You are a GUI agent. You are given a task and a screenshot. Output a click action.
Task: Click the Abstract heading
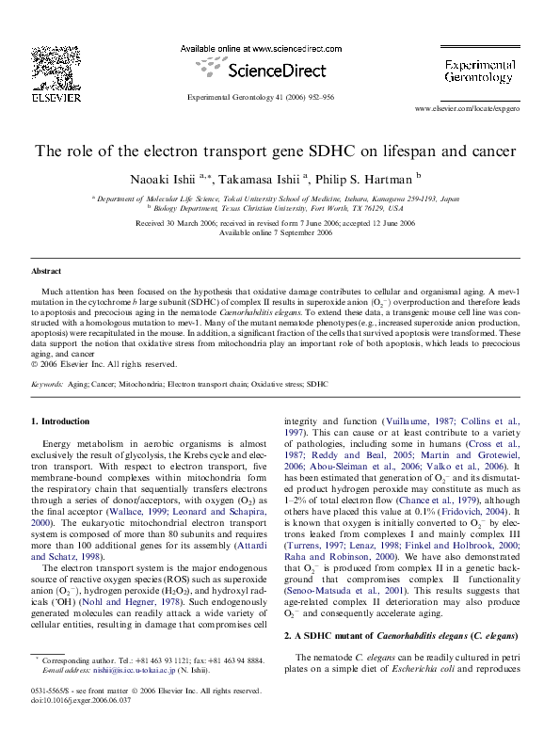click(46, 271)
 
